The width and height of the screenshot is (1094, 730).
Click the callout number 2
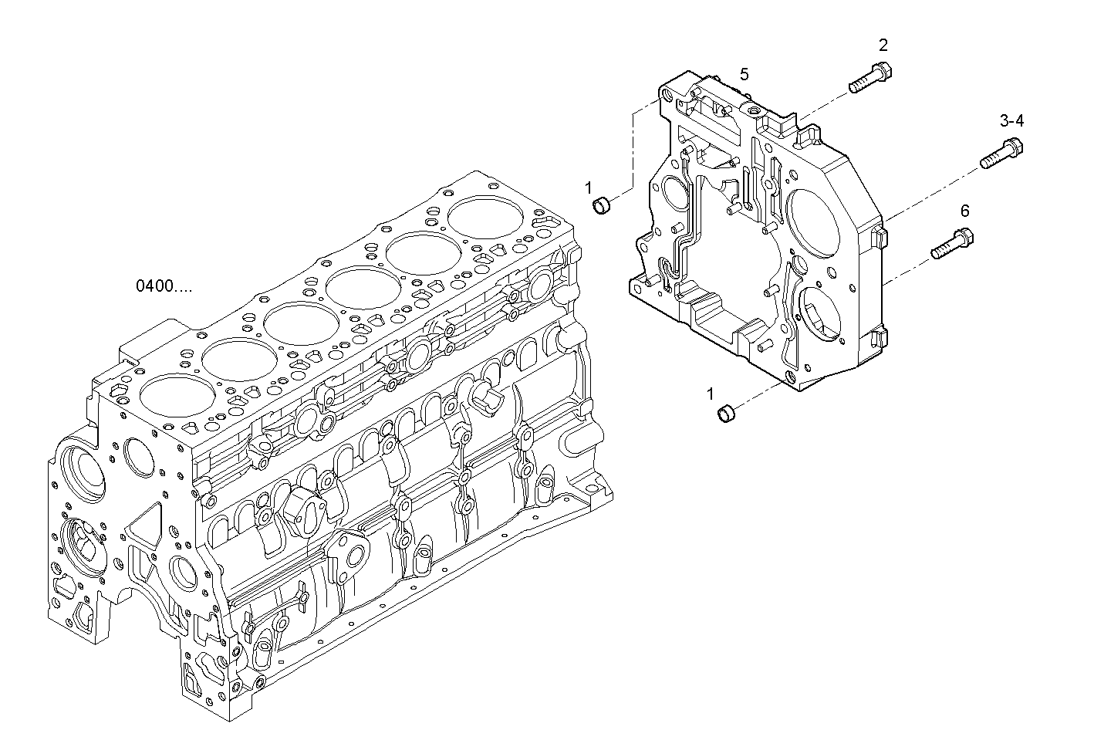883,45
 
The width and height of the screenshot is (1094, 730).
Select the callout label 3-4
1011,120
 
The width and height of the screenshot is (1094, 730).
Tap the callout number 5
744,74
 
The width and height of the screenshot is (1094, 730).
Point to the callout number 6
964,211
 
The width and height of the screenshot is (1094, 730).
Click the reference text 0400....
164,286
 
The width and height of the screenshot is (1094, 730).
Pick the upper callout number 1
588,187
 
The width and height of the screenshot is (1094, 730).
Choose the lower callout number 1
711,394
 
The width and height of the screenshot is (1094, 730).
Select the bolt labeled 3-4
1001,153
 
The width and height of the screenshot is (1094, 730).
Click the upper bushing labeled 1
601,205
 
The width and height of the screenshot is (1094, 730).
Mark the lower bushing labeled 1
726,414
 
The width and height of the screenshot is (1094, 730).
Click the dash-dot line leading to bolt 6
910,266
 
